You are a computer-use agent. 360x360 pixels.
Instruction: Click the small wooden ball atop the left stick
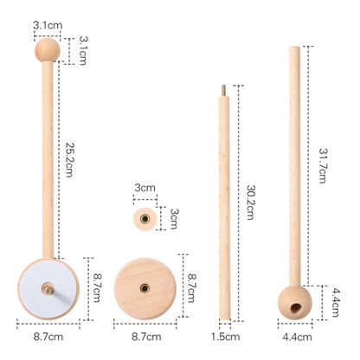(x=48, y=50)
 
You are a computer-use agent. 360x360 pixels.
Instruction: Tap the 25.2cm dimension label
(x=69, y=159)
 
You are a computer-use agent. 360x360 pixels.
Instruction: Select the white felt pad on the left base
(x=48, y=289)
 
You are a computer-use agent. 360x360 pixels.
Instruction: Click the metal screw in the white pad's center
(x=48, y=289)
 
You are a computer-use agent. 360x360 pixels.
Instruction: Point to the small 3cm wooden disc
(x=145, y=219)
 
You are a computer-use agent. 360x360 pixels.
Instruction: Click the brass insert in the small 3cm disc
(x=145, y=219)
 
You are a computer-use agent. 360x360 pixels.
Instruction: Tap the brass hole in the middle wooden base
(x=145, y=288)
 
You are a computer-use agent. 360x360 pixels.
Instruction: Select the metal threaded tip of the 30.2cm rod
(x=223, y=91)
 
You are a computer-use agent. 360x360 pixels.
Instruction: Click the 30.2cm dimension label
(x=250, y=202)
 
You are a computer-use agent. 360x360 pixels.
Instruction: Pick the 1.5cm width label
(x=225, y=337)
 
